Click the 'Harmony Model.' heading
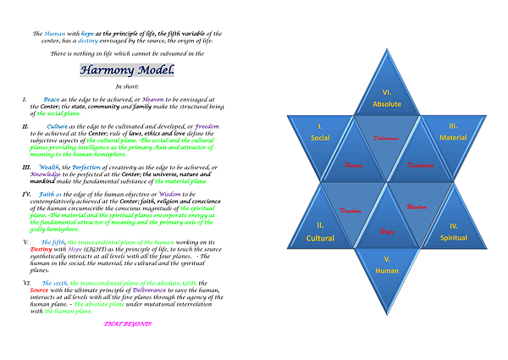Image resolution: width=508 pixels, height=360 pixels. (127, 70)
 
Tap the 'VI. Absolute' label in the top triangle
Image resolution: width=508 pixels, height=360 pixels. (386, 98)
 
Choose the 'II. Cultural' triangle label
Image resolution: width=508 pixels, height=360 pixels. (320, 232)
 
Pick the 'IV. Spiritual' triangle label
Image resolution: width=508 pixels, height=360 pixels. (453, 232)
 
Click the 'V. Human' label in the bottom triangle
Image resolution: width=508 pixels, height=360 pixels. (386, 265)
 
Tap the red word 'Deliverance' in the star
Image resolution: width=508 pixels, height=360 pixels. (386, 136)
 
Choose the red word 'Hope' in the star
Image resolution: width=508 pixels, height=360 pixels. (386, 230)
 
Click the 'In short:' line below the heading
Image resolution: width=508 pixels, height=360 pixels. (127, 86)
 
